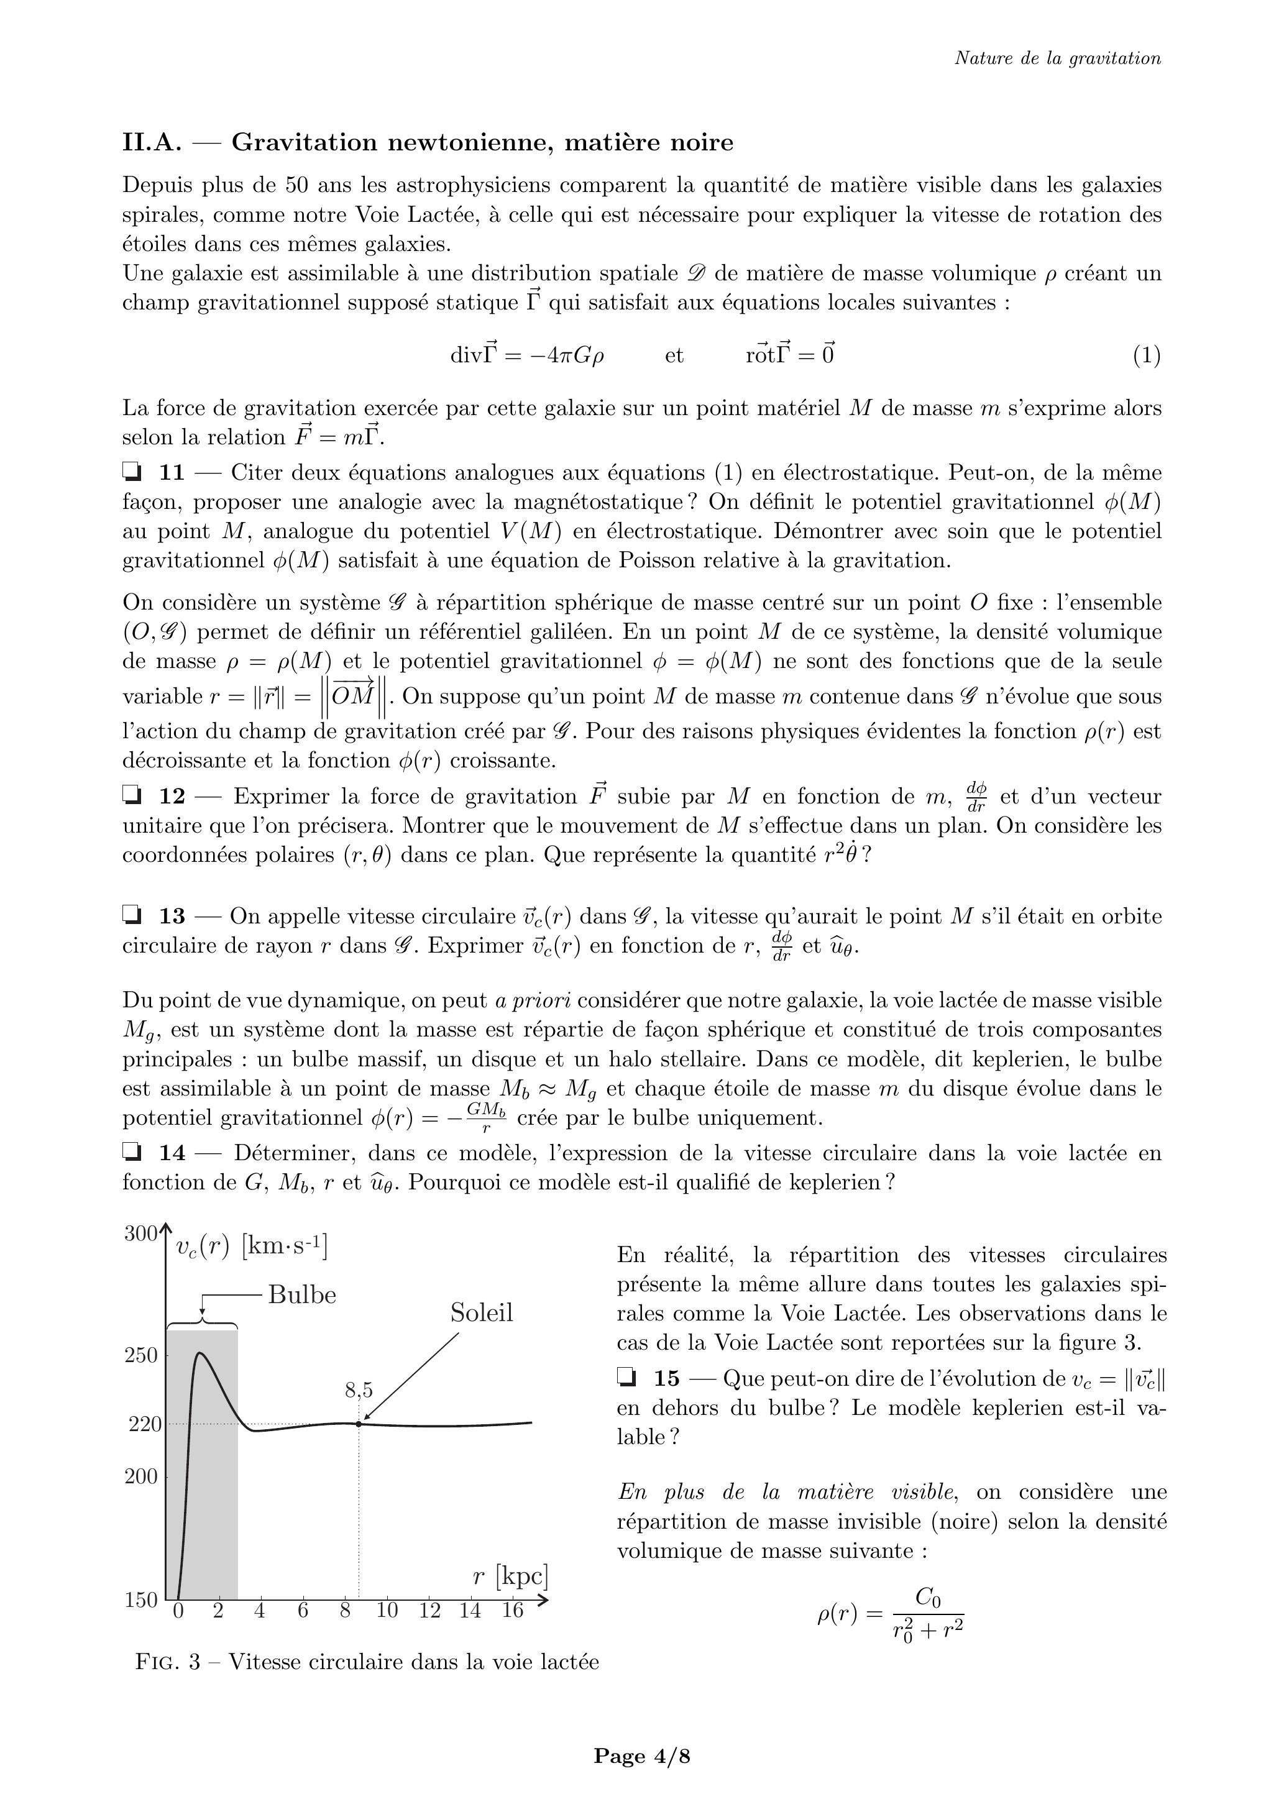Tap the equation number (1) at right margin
click(1146, 355)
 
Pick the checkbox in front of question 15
click(626, 1378)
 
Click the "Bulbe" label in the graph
click(301, 1294)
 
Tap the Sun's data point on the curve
click(359, 1424)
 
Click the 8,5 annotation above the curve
click(359, 1391)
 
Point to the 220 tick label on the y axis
click(144, 1424)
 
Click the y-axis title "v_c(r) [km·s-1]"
click(251, 1247)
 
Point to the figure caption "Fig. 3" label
click(168, 1662)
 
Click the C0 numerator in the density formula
click(928, 1597)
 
